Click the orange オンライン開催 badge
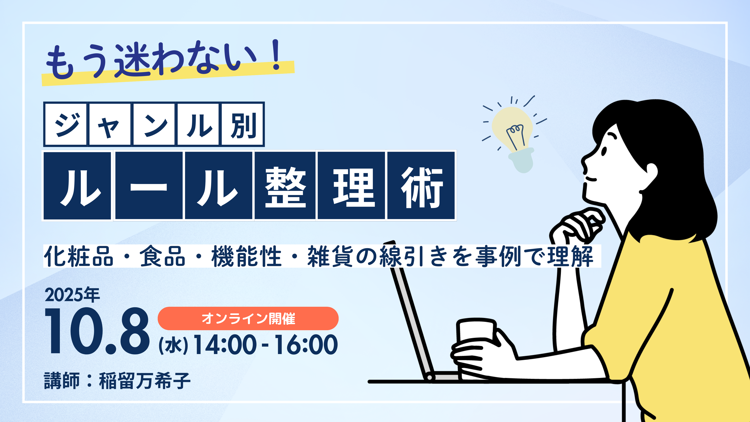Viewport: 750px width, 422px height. click(248, 318)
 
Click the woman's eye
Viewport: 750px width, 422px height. click(604, 151)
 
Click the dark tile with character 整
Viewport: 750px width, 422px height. click(285, 185)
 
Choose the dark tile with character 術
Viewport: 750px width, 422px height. click(421, 185)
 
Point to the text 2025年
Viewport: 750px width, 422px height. click(72, 295)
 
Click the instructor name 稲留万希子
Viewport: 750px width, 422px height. click(145, 381)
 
